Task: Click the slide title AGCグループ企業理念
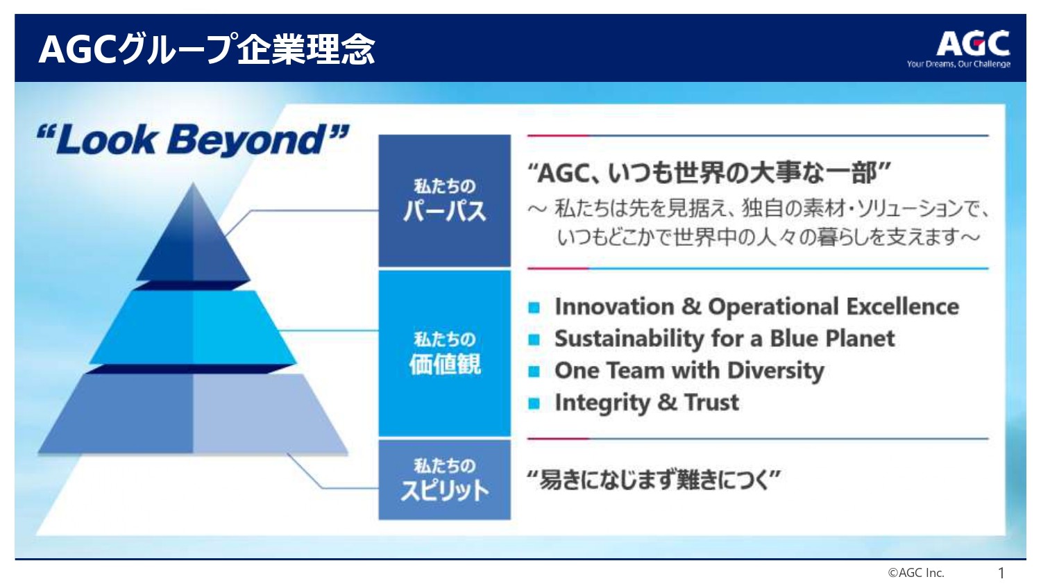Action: [207, 49]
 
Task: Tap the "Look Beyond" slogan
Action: [192, 140]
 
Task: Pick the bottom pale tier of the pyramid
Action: [193, 413]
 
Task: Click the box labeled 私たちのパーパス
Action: [444, 201]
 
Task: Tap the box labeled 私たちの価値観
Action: [444, 353]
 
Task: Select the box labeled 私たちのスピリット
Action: [444, 480]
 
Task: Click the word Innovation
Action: [614, 306]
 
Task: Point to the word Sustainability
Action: [629, 339]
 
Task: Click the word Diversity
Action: [776, 371]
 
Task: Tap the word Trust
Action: [711, 402]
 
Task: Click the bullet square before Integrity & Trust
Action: [534, 403]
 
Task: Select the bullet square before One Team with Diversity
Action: [534, 371]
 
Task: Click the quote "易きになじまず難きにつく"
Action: [654, 480]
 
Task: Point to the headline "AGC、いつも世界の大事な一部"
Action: [709, 173]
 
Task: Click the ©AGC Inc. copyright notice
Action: [916, 573]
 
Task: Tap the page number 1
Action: [1001, 573]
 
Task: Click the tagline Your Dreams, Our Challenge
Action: [958, 64]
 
